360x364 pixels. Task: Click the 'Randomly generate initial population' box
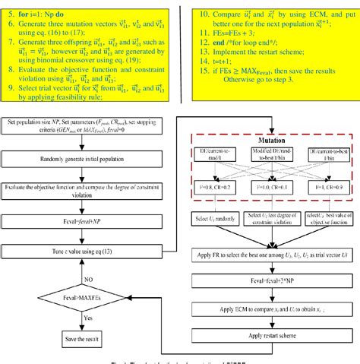click(x=86, y=157)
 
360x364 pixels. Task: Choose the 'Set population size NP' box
click(x=86, y=127)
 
